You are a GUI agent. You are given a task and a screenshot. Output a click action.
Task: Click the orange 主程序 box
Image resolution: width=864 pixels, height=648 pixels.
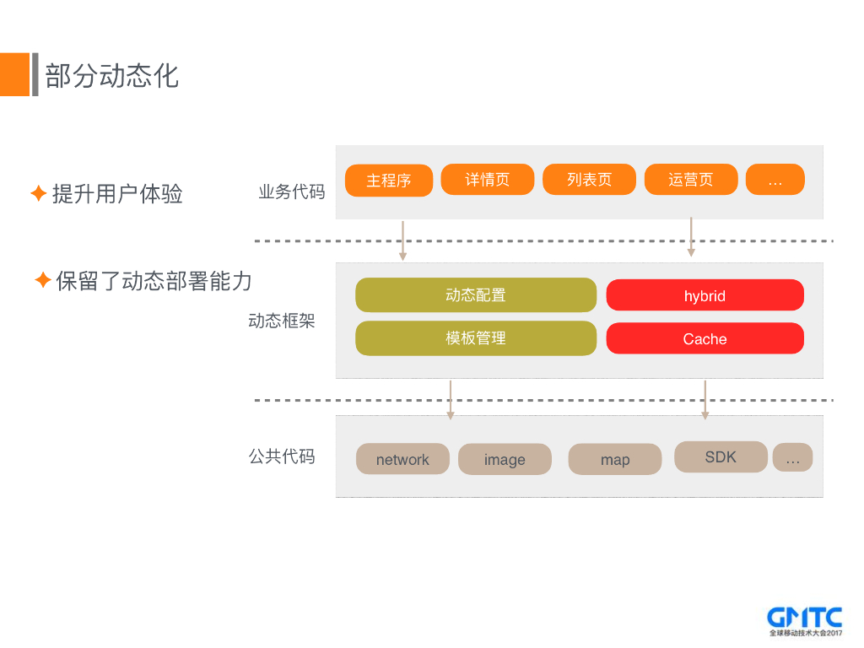point(389,181)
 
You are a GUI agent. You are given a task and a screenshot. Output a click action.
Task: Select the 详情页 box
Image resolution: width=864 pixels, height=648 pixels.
point(488,180)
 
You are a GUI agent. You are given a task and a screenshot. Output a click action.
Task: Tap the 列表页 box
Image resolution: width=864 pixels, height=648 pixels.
point(589,180)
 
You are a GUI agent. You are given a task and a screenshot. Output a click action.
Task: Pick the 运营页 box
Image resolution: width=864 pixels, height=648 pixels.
point(691,180)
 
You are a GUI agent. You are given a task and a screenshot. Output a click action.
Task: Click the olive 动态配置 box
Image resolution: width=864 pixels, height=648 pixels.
point(476,295)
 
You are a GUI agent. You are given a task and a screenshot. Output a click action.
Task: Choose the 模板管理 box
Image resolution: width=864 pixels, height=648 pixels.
point(476,338)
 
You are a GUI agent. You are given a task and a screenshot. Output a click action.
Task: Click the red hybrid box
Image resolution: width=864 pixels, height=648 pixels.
point(705,295)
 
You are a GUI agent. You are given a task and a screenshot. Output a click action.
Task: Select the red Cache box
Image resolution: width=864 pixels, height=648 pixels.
point(705,338)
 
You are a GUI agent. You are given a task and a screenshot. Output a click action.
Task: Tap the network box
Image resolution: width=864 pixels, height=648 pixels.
point(402,459)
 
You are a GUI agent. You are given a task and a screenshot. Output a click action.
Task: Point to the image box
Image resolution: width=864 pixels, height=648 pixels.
point(505,459)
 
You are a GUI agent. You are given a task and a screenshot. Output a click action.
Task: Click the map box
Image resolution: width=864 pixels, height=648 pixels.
point(614,459)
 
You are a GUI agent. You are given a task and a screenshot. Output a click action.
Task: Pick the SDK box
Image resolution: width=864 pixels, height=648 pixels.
point(721,456)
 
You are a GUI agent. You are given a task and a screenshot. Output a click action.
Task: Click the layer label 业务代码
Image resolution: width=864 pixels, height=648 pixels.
point(291,192)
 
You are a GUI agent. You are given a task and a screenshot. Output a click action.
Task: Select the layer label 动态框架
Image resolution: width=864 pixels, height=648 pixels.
point(282,321)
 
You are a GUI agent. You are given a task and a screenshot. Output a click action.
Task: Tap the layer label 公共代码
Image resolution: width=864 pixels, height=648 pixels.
point(282,456)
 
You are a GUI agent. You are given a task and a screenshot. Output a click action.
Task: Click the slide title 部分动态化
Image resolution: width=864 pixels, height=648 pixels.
point(112,75)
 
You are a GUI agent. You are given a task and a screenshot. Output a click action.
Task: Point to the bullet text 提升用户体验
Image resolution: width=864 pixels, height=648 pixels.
point(117,194)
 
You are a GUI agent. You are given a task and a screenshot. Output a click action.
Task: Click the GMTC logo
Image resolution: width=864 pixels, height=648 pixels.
point(805,621)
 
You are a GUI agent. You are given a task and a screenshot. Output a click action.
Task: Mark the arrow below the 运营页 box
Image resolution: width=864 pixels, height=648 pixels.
point(691,237)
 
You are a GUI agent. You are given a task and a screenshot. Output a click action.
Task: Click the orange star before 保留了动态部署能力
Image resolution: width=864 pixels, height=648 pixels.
point(43,280)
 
